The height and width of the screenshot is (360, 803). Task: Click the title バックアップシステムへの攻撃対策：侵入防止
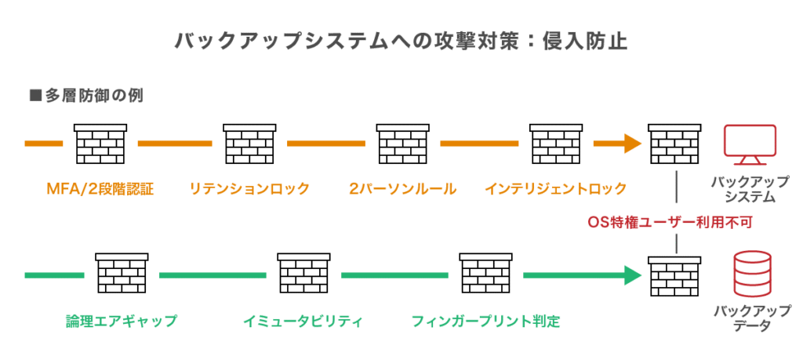[401, 42]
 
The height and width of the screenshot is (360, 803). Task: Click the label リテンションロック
[249, 189]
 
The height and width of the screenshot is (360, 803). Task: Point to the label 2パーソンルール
[403, 189]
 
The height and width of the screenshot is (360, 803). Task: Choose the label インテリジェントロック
[556, 189]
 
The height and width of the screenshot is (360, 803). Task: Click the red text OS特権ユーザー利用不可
[670, 222]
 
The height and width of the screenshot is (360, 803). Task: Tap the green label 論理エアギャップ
[122, 321]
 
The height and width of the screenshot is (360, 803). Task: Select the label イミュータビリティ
[303, 321]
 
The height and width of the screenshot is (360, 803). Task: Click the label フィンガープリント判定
[486, 321]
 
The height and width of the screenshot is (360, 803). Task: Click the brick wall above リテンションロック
[249, 144]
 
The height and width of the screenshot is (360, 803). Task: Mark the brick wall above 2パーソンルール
[402, 144]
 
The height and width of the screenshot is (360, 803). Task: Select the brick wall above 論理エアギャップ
[122, 275]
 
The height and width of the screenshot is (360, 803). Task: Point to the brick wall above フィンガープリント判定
[485, 275]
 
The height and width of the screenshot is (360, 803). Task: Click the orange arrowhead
[631, 144]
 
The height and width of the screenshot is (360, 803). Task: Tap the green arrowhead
[631, 275]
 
